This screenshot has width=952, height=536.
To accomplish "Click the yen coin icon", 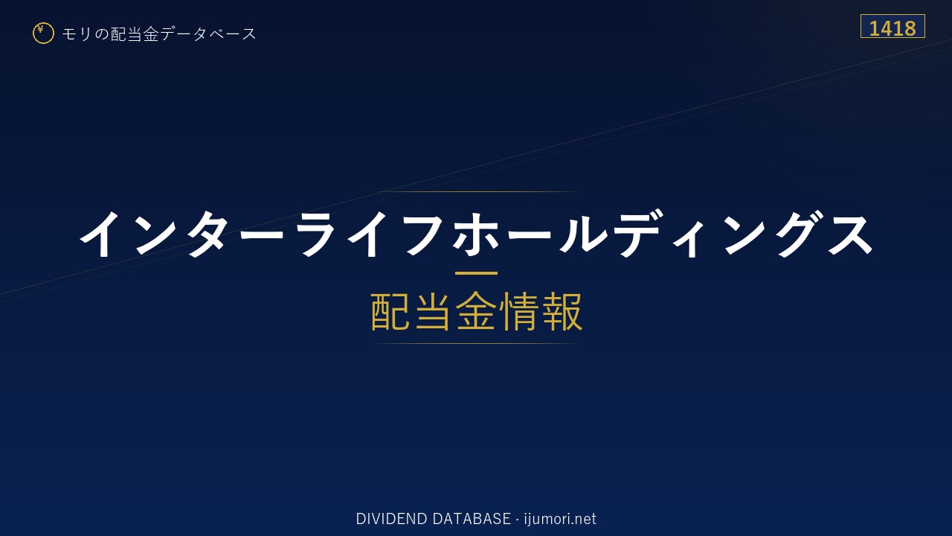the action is click(x=43, y=33).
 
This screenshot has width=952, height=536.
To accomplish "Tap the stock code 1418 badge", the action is click(x=892, y=26).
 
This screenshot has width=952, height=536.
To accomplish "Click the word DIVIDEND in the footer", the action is click(x=391, y=519).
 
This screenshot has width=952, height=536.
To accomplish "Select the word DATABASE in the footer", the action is click(x=472, y=519).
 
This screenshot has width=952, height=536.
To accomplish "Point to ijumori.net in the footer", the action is click(x=560, y=519).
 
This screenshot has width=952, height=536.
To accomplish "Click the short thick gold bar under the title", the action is click(x=476, y=273).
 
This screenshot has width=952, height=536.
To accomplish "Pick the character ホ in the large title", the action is click(x=475, y=234).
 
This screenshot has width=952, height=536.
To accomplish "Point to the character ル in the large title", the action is click(x=582, y=234).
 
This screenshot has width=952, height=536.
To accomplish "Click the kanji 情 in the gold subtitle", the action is click(x=518, y=311).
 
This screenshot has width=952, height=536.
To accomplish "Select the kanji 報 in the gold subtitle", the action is click(x=562, y=311).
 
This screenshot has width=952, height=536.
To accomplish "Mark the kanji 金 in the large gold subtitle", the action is click(x=476, y=311).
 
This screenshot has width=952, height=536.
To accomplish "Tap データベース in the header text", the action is click(x=208, y=33).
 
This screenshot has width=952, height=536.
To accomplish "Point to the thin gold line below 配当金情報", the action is click(x=476, y=343).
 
